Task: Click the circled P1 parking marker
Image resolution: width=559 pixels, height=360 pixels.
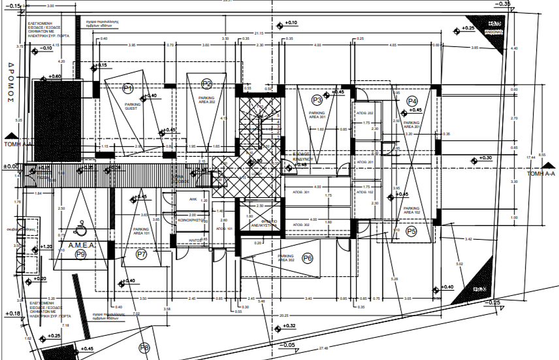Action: pyautogui.click(x=128, y=88)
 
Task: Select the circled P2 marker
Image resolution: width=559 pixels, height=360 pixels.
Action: pyautogui.click(x=207, y=83)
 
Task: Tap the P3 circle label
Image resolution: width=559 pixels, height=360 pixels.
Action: pyautogui.click(x=317, y=100)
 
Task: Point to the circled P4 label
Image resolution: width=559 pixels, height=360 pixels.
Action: pyautogui.click(x=412, y=101)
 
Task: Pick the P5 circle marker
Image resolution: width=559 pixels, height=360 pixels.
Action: pyautogui.click(x=411, y=231)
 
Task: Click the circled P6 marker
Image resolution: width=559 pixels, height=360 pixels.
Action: pyautogui.click(x=308, y=259)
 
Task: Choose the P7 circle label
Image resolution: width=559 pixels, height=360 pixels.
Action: pyautogui.click(x=142, y=254)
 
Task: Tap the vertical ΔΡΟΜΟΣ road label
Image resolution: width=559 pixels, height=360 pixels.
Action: pyautogui.click(x=11, y=84)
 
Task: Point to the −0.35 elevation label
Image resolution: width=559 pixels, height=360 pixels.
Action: pyautogui.click(x=502, y=4)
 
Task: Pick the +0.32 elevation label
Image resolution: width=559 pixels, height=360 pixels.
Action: pyautogui.click(x=289, y=325)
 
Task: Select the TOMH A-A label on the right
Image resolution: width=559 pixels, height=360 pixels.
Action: pyautogui.click(x=540, y=174)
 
